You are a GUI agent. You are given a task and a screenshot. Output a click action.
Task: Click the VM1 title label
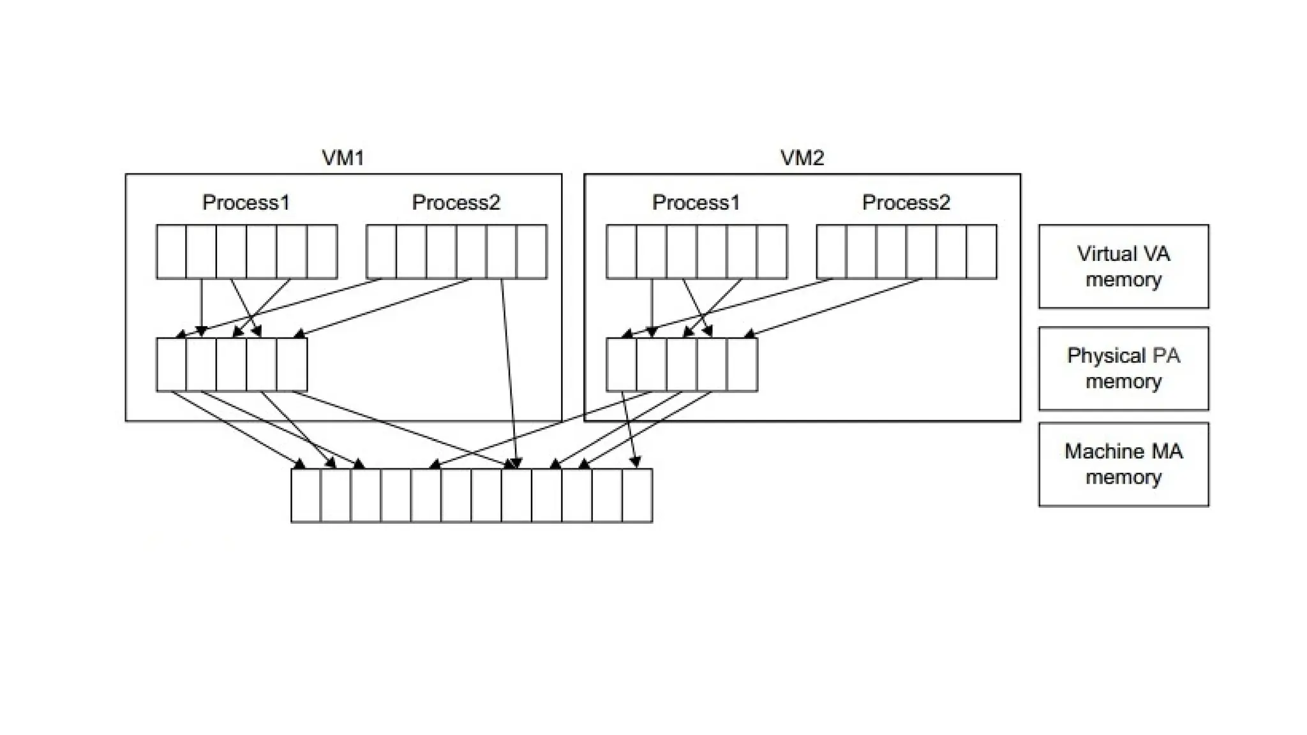point(343,158)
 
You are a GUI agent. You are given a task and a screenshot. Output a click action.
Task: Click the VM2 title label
point(802,158)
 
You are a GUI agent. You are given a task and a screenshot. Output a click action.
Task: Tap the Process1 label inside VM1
point(246,202)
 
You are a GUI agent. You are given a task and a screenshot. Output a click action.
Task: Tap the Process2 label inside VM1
point(456,202)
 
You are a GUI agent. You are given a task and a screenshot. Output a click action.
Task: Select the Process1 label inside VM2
point(696,202)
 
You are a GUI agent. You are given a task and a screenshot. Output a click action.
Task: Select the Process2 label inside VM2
point(906,202)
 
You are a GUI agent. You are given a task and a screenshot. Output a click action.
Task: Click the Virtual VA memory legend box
point(1123,266)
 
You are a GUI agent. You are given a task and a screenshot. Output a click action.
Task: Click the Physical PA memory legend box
point(1123,368)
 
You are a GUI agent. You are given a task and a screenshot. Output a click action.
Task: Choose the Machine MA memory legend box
point(1123,464)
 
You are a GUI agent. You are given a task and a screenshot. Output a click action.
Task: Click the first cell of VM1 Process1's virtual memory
point(171,251)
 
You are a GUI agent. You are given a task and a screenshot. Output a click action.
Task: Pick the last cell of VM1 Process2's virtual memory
point(532,251)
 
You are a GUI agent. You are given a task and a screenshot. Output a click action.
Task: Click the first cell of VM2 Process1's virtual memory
point(621,251)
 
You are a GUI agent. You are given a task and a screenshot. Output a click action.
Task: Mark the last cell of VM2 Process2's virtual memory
point(982,251)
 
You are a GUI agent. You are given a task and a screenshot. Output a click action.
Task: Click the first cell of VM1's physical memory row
point(171,364)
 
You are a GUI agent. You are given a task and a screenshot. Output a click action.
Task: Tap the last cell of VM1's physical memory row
point(292,364)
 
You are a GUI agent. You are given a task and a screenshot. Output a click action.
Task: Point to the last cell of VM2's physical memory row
point(742,364)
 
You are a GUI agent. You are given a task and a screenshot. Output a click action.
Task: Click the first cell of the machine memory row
point(306,495)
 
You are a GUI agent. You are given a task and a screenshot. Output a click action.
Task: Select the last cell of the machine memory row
point(637,495)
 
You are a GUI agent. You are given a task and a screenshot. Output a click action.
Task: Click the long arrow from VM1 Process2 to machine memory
point(509,370)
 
